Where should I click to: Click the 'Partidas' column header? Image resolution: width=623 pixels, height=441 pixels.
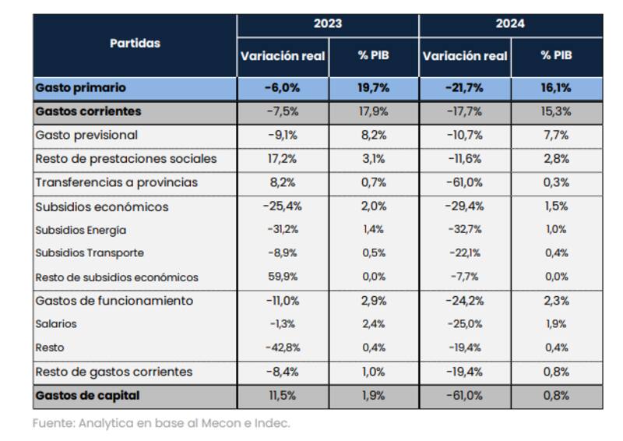tap(135, 44)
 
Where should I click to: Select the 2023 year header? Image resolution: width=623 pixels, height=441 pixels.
tap(328, 24)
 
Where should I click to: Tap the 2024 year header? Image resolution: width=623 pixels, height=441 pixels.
tap(510, 24)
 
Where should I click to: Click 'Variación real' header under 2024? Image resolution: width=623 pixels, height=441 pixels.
tap(465, 56)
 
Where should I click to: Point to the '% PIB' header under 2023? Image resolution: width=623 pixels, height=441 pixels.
tap(373, 56)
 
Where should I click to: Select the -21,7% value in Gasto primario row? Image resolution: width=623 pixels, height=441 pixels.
tap(465, 88)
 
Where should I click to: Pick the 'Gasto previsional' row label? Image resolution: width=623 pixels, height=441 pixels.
tap(86, 135)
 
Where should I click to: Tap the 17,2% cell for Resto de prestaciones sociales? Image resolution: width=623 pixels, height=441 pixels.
tap(282, 159)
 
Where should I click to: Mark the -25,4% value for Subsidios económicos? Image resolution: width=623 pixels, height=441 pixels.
tap(282, 207)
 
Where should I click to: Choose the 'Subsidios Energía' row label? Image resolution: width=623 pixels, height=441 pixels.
tap(81, 231)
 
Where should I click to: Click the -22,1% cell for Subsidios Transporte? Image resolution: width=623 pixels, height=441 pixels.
tap(465, 253)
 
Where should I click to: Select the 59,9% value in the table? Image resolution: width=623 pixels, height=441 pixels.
tap(282, 277)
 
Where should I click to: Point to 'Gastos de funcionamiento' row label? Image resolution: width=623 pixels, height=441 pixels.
tap(114, 301)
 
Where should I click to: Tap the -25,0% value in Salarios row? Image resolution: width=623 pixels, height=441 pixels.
tap(465, 324)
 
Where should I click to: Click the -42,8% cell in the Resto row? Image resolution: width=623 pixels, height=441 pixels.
tap(282, 348)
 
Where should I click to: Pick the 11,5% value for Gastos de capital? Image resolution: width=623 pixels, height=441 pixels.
tap(282, 395)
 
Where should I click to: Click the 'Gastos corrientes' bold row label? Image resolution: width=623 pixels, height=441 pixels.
tap(88, 111)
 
